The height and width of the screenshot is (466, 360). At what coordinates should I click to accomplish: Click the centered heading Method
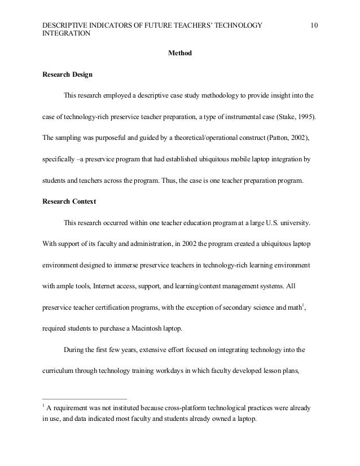(x=180, y=54)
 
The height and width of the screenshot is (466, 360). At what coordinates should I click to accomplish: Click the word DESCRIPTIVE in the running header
(x=67, y=25)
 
